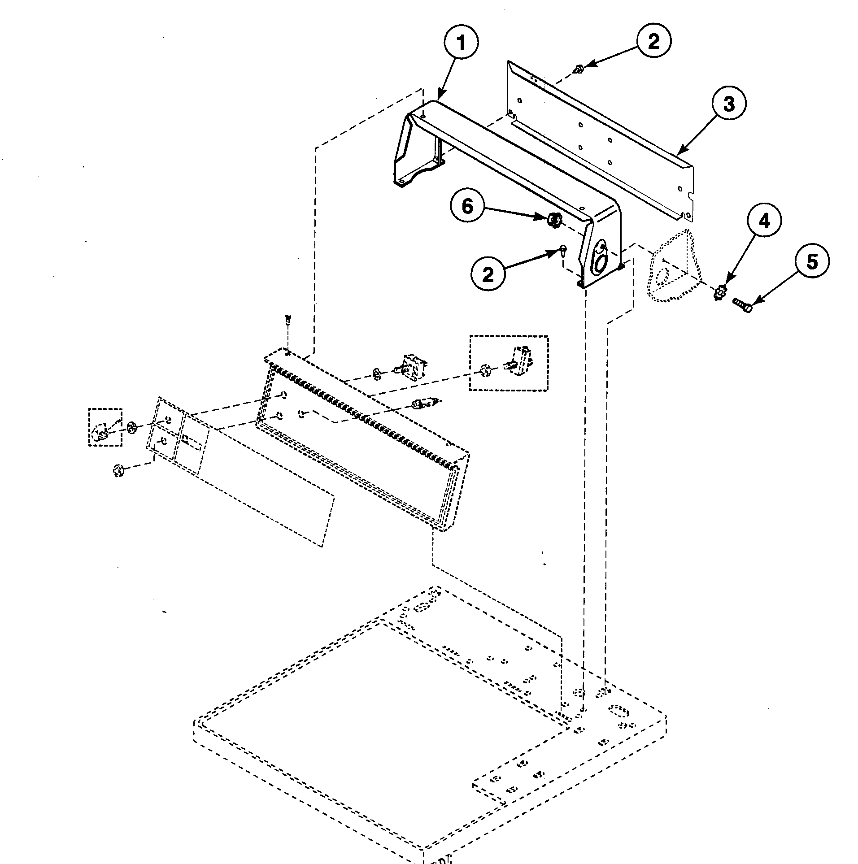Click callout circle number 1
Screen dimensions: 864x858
pyautogui.click(x=461, y=43)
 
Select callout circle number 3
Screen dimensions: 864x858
pyautogui.click(x=729, y=104)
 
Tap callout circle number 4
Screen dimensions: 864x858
pyautogui.click(x=764, y=221)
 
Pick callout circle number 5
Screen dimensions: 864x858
pyautogui.click(x=812, y=262)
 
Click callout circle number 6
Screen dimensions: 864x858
pyautogui.click(x=467, y=207)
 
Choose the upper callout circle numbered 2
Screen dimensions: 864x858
pyautogui.click(x=653, y=42)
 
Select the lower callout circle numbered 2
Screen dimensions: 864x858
pyautogui.click(x=488, y=274)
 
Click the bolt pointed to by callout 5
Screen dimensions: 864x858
pyautogui.click(x=743, y=305)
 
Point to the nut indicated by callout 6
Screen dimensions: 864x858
pyautogui.click(x=554, y=220)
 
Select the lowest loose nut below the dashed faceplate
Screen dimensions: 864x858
pyautogui.click(x=118, y=470)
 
